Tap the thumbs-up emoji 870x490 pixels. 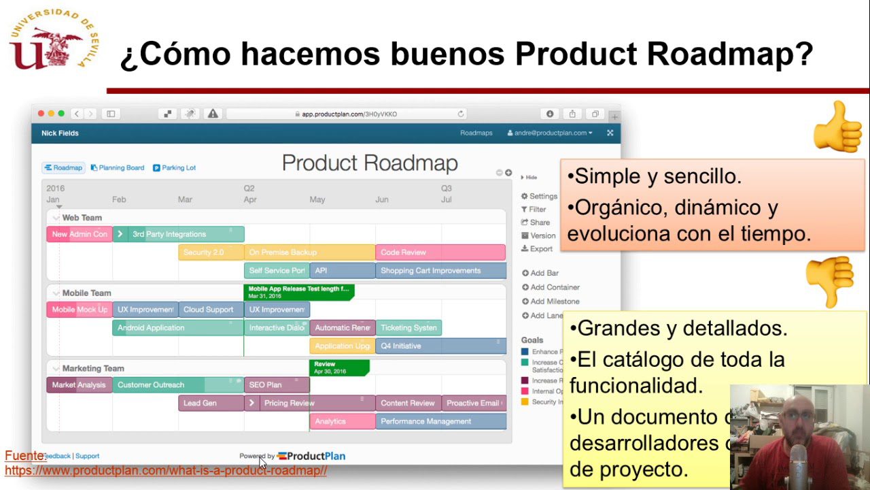[x=837, y=127]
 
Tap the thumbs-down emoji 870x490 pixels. [x=830, y=280]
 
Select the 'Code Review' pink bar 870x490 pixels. [x=440, y=252]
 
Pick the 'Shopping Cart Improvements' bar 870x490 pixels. [x=440, y=271]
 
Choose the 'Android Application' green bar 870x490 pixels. [x=177, y=328]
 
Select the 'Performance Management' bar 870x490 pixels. [x=440, y=422]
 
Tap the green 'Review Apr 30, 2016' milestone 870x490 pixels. [x=338, y=367]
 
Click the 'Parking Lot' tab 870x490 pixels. [x=175, y=167]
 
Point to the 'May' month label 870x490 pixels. [x=317, y=199]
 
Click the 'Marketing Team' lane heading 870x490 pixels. [x=93, y=368]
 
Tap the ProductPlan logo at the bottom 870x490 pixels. [x=311, y=456]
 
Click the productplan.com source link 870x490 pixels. [x=166, y=470]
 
